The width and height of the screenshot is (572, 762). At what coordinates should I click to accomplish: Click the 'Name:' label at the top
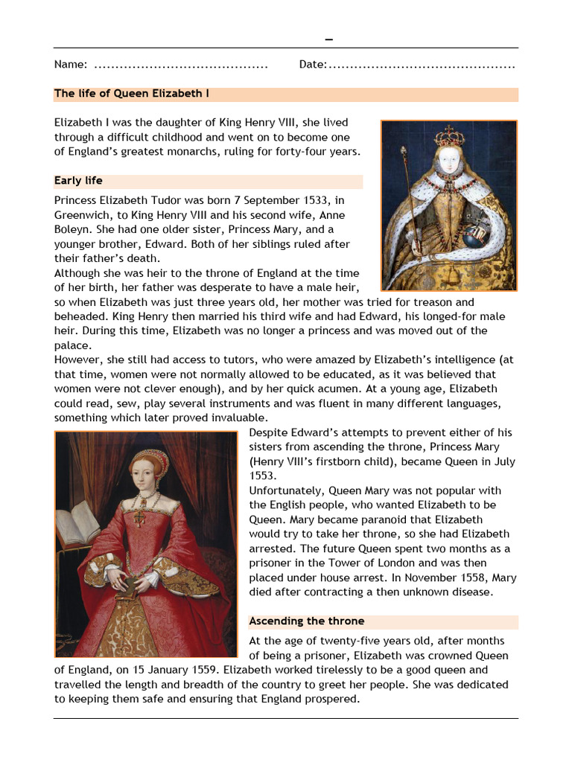click(71, 65)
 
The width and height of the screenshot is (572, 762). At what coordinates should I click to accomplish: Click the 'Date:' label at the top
click(312, 65)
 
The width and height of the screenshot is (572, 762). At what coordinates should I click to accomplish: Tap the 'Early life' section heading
click(78, 181)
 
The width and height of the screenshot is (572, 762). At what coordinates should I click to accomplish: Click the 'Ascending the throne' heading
click(306, 621)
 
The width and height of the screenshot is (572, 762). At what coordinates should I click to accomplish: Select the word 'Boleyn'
click(73, 230)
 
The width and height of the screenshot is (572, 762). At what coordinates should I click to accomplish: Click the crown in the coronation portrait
click(449, 136)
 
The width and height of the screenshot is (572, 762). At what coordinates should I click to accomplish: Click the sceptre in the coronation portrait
click(407, 193)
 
